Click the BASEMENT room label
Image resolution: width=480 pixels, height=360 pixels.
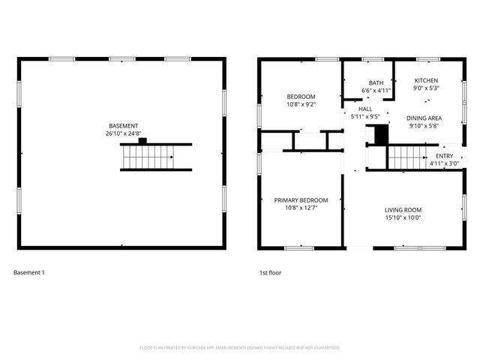point(123,126)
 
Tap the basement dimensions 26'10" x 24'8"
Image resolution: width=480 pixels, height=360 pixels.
point(123,133)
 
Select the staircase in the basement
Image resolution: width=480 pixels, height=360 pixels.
point(148,157)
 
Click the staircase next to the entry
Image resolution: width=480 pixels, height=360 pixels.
point(407,157)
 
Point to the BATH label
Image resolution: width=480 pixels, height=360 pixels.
point(376,82)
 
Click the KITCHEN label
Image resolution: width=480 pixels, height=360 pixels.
point(426,80)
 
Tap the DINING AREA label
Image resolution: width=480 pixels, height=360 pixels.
point(424,118)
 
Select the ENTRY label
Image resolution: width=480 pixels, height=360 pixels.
point(444,156)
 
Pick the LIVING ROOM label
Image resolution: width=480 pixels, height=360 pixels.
point(403,210)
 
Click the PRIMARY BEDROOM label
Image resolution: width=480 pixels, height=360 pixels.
point(301,200)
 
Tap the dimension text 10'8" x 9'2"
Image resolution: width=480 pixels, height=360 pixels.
point(301,104)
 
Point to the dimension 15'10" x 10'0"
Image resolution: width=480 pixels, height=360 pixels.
point(403,218)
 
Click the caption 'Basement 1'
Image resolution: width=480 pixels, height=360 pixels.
point(29,272)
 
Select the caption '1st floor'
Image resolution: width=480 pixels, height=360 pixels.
point(271,272)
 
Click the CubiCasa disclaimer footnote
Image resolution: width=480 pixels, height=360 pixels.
point(240,348)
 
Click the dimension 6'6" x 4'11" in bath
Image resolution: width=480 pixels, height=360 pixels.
point(376,91)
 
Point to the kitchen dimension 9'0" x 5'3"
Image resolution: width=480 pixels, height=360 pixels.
point(426,88)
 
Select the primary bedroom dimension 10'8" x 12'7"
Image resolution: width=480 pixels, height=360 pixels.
point(301,208)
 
